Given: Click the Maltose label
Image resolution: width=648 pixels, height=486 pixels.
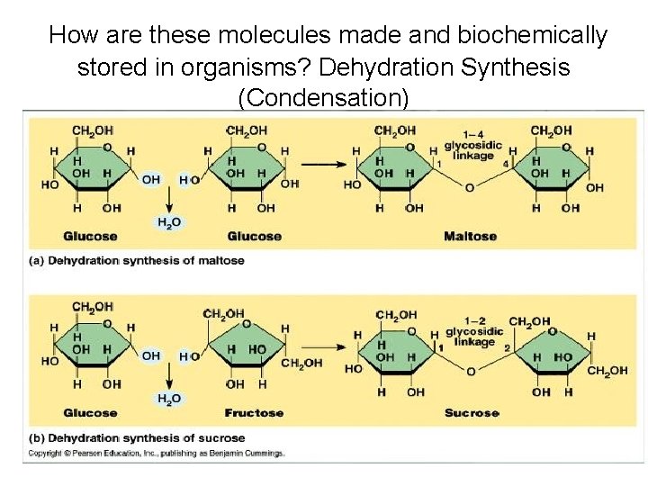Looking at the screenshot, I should (470, 237).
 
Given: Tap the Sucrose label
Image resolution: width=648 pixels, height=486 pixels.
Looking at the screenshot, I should (471, 413).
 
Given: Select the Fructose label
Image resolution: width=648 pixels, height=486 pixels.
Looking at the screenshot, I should (255, 413).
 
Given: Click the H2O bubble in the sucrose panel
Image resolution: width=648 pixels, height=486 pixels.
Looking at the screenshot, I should (169, 399).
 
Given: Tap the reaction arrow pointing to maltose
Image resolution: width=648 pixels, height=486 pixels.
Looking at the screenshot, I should (326, 165).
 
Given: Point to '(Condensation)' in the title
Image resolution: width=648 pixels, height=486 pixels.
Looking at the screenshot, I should (324, 95).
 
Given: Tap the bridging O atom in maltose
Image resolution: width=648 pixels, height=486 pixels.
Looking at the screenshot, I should (469, 188).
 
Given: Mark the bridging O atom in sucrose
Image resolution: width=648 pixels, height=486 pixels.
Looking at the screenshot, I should (470, 371).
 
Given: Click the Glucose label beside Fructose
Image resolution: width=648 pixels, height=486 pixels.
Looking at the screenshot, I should (90, 413).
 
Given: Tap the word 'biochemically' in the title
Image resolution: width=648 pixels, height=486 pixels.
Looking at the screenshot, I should (533, 36).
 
